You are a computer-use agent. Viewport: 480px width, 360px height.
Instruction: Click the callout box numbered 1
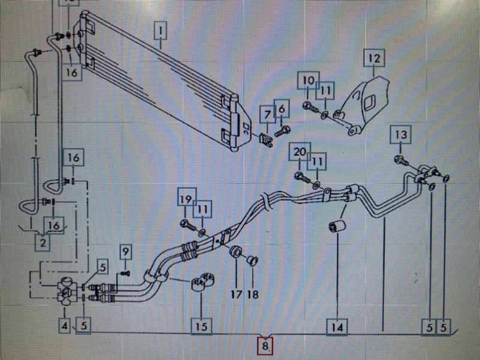(x=160, y=31)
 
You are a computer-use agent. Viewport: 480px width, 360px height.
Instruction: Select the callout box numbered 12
(x=374, y=58)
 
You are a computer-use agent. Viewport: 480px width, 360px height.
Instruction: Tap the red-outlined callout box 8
(x=265, y=346)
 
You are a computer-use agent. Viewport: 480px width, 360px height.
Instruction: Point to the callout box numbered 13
(x=401, y=134)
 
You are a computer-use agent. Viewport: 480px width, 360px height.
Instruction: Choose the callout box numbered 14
(x=337, y=327)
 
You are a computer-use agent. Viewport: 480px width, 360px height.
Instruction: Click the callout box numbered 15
(x=202, y=326)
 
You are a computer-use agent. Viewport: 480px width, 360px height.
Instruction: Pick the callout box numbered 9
(x=125, y=251)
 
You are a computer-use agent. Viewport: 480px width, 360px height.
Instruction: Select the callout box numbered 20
(x=299, y=152)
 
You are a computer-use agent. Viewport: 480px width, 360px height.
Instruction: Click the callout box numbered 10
(x=308, y=80)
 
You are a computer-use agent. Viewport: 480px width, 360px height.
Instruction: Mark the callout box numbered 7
(x=267, y=115)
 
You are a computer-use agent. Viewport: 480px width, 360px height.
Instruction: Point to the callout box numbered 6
(x=281, y=109)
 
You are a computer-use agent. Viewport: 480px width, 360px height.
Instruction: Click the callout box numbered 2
(x=43, y=242)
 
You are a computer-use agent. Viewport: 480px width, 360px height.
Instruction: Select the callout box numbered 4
(x=65, y=326)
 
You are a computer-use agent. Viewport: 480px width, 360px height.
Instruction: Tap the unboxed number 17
(x=236, y=295)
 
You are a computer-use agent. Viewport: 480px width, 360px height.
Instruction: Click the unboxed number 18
(x=253, y=295)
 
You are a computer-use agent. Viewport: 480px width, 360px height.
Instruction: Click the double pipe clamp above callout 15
(x=202, y=281)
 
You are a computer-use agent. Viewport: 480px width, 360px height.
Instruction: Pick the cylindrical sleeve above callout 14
(x=337, y=226)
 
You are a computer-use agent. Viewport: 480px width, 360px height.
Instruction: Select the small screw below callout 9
(x=125, y=273)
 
